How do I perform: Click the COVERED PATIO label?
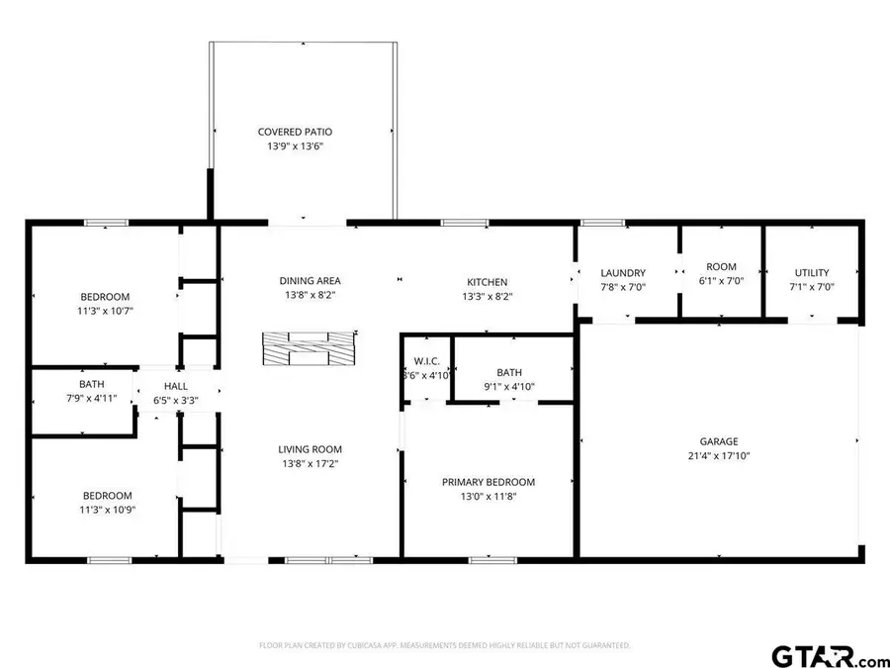click(x=295, y=132)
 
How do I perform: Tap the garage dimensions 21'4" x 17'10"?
click(x=719, y=456)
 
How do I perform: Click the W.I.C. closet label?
click(x=425, y=360)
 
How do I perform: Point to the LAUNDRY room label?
click(x=623, y=273)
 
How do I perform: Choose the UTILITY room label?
click(x=811, y=273)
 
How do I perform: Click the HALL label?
click(x=176, y=386)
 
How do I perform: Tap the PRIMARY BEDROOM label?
click(x=488, y=482)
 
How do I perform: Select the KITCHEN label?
click(x=487, y=282)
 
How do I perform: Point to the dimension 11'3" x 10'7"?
click(x=105, y=311)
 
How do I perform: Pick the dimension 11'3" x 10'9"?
click(x=105, y=510)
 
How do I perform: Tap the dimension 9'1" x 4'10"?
click(x=508, y=387)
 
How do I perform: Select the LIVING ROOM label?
click(x=310, y=449)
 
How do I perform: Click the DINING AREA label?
click(x=310, y=281)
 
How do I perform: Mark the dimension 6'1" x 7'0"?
click(x=721, y=281)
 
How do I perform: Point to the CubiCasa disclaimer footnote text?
click(x=444, y=645)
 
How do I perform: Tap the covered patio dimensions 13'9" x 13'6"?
click(x=295, y=146)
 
